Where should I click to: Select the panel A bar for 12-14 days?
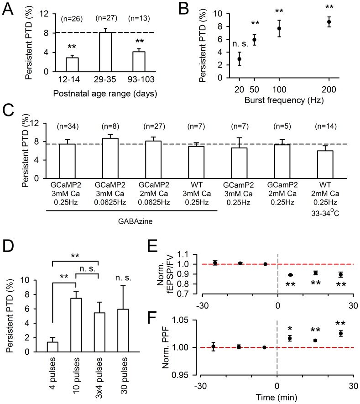click(73, 64)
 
